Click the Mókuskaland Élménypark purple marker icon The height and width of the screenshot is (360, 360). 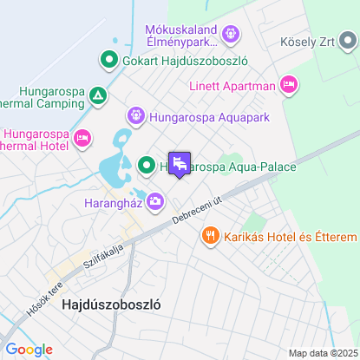[230, 35]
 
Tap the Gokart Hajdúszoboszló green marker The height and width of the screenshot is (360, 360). [109, 60]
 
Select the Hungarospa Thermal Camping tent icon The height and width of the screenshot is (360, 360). [98, 95]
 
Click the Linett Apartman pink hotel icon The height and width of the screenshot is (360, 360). [289, 84]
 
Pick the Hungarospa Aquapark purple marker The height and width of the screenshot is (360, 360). [136, 116]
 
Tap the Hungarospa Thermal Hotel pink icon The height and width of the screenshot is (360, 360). [83, 139]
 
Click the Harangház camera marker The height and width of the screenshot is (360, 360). [155, 201]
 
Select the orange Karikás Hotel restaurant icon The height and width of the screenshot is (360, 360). [210, 235]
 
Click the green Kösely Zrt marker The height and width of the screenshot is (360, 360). [350, 42]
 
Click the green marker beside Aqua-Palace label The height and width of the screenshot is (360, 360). [147, 165]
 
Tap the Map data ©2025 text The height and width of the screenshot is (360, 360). [322, 353]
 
